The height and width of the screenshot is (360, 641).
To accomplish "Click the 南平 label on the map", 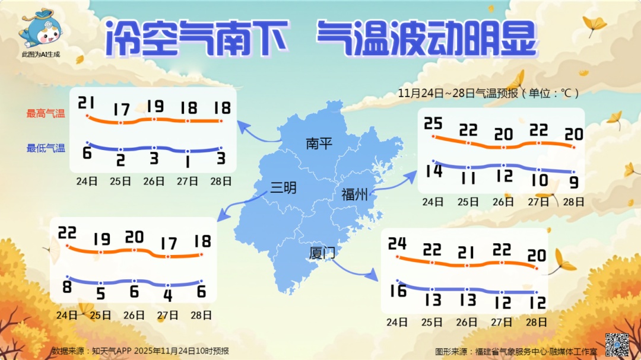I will click(319, 144).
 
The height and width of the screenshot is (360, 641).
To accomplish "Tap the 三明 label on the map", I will click(283, 188).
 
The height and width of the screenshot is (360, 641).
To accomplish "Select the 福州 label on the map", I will click(354, 194).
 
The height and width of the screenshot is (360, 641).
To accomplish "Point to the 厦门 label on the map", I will click(322, 253).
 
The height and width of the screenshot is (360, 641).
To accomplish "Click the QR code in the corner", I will click(617, 345).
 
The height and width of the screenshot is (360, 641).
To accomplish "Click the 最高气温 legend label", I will click(46, 113).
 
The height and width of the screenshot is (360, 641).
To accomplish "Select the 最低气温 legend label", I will click(46, 148).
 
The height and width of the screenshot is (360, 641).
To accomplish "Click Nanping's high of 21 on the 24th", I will click(87, 104).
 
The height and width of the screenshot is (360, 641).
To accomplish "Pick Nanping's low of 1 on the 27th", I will click(187, 161).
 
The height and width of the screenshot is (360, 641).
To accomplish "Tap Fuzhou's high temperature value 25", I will click(433, 123).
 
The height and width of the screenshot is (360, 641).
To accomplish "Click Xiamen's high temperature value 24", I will click(397, 244).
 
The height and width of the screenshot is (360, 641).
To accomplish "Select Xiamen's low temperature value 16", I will click(398, 291).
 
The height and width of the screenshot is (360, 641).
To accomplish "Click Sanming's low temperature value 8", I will click(66, 288).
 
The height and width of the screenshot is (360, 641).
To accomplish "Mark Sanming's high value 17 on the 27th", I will click(169, 243).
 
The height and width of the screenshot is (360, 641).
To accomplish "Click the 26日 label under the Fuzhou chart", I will click(503, 202).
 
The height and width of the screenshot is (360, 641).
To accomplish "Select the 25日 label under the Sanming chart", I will click(100, 315).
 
